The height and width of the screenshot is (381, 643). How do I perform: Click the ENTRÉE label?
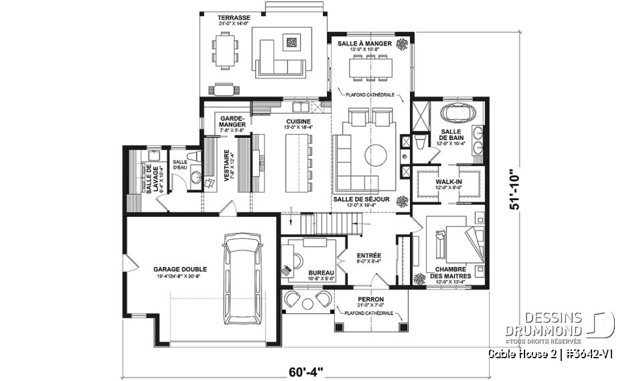click(x=368, y=255)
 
